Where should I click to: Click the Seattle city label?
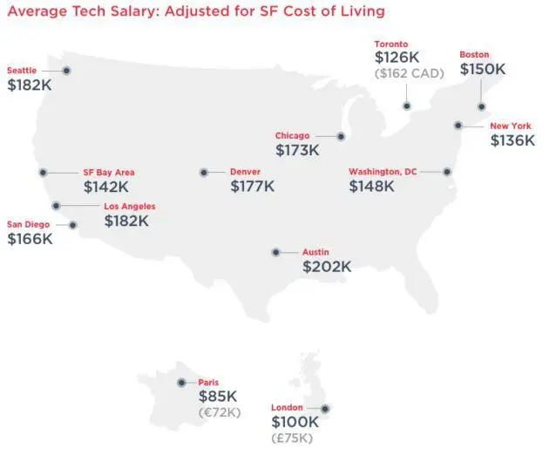pyautogui.click(x=22, y=70)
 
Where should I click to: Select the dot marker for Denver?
pyautogui.click(x=204, y=173)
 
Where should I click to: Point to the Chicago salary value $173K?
pyautogui.click(x=297, y=150)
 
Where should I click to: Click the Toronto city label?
pyautogui.click(x=391, y=44)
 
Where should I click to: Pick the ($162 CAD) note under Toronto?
pyautogui.click(x=410, y=73)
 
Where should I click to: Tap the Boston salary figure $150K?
pyautogui.click(x=483, y=69)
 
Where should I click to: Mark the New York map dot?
pyautogui.click(x=458, y=126)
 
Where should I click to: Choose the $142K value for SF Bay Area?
pyautogui.click(x=106, y=186)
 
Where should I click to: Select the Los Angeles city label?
pyautogui.click(x=129, y=206)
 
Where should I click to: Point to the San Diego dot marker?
pyautogui.click(x=73, y=224)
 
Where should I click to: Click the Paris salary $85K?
pyautogui.click(x=218, y=397)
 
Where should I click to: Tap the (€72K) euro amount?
pyautogui.click(x=220, y=412)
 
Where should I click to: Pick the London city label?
pyautogui.click(x=287, y=407)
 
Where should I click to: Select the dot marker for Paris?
pyautogui.click(x=181, y=382)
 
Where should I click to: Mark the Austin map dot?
pyautogui.click(x=275, y=252)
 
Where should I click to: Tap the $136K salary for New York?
pyautogui.click(x=512, y=140)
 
